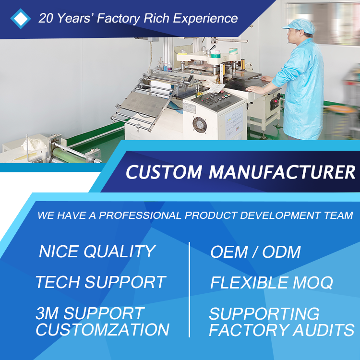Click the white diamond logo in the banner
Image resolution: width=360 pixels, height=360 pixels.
21,19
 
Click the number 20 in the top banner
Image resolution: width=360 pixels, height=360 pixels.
46,18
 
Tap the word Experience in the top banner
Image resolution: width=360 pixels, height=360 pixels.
205,18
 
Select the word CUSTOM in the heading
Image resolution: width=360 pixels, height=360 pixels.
164,172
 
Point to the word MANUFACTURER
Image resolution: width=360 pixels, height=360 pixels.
282,172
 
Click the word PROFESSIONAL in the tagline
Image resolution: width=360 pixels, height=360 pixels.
140,215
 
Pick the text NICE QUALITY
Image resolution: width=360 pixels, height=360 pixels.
97,252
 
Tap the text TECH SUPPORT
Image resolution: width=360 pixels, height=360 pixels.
101,282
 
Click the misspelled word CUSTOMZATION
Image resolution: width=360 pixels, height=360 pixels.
102,330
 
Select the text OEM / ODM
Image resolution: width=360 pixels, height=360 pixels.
255,252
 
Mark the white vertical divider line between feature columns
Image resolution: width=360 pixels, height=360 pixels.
189,289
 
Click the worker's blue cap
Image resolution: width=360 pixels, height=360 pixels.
300,26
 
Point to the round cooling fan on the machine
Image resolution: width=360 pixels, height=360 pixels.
200,125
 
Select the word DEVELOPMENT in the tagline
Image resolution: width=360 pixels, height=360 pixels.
280,215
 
